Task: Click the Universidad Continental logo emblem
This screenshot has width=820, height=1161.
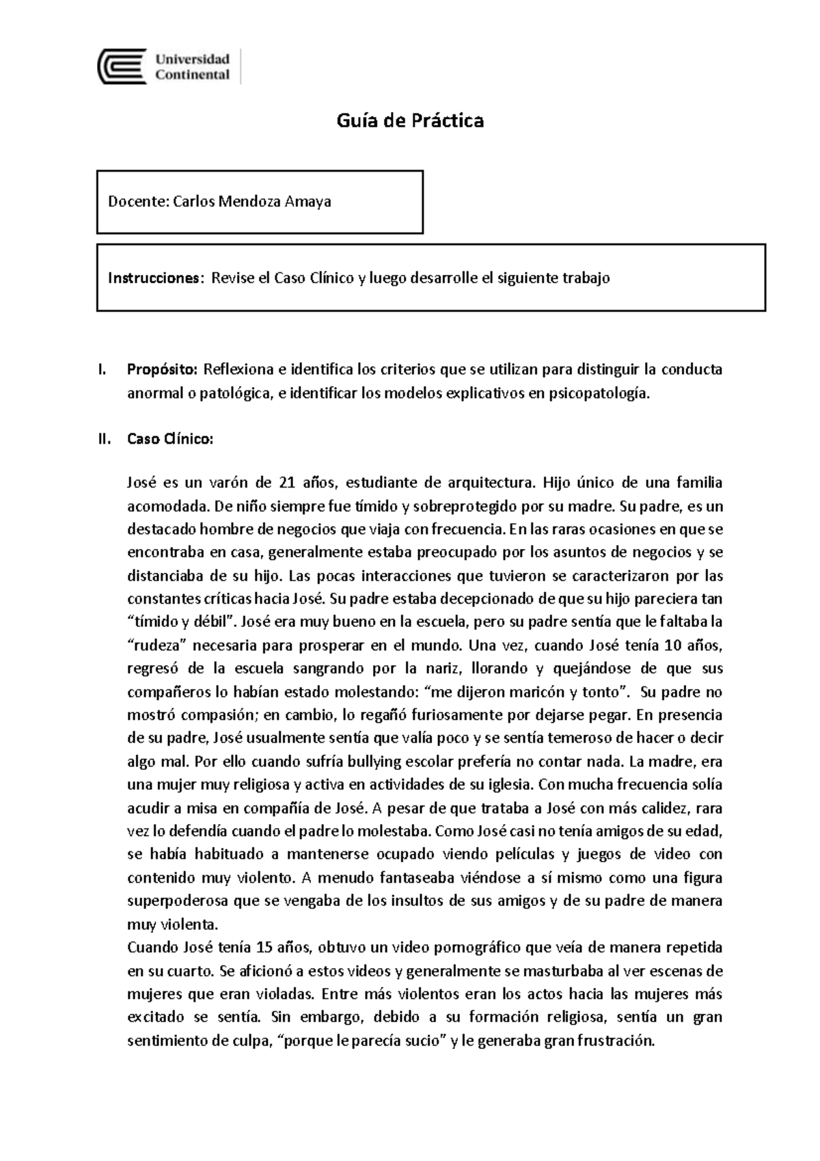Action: [122, 66]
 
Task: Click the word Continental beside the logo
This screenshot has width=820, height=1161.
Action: [192, 75]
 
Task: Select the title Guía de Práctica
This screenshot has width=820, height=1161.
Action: [410, 121]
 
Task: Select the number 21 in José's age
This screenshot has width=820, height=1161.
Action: [286, 483]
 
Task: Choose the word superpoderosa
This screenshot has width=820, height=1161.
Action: [178, 900]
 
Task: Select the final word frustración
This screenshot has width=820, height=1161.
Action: [616, 1041]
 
